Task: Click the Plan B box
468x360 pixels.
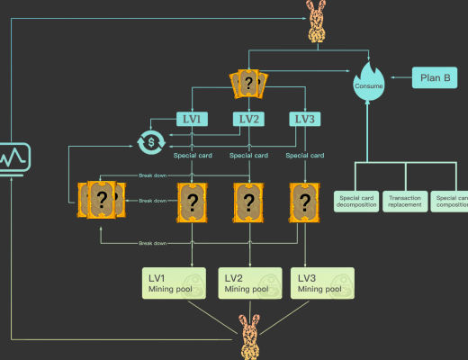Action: click(x=436, y=78)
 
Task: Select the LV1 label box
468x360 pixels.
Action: click(x=192, y=118)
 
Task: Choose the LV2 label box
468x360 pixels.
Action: click(x=249, y=118)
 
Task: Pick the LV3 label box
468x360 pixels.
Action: click(x=306, y=118)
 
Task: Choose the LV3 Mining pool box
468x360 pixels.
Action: click(x=322, y=283)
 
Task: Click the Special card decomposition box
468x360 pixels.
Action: click(x=355, y=200)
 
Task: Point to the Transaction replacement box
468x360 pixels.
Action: click(x=404, y=200)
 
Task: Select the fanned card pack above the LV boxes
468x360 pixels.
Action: click(x=246, y=85)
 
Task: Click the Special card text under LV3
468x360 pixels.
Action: click(x=305, y=155)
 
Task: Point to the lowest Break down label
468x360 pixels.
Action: click(x=152, y=243)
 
